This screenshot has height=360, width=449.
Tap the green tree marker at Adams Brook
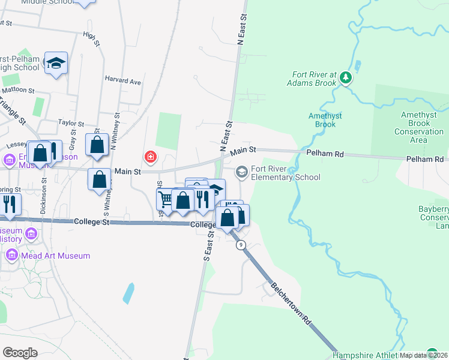click(345, 77)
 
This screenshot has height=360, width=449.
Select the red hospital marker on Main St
click(150, 157)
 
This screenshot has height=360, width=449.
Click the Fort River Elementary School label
click(285, 173)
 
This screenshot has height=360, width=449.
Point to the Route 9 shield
click(241, 245)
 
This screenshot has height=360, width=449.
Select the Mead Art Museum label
click(55, 256)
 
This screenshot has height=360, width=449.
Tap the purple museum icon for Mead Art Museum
click(11, 256)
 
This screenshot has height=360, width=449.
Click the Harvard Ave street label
click(122, 81)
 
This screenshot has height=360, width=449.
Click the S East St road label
click(208, 245)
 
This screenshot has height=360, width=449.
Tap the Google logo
click(20, 353)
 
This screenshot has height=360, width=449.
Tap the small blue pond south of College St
click(128, 293)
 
